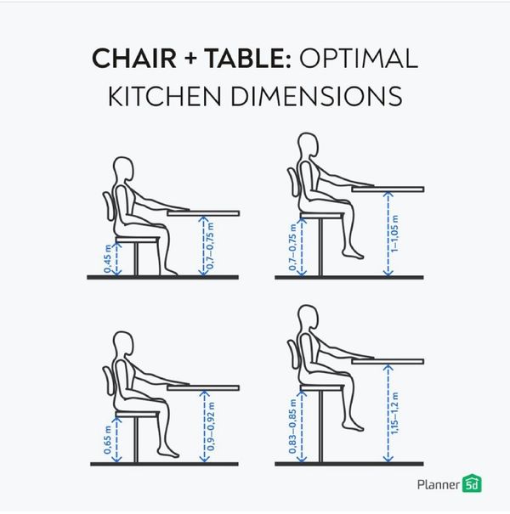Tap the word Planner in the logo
[437, 485]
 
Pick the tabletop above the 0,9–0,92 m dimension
[203, 387]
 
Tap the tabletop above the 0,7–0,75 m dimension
[203, 213]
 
